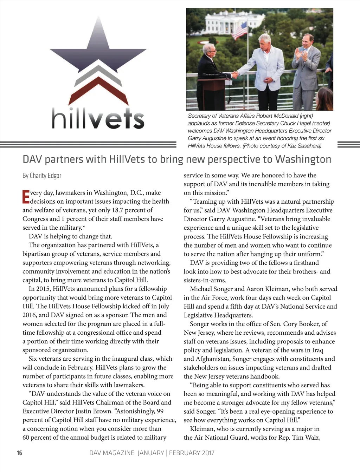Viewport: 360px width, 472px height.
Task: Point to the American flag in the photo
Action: pos(240,30)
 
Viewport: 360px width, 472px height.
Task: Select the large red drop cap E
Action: pos(26,197)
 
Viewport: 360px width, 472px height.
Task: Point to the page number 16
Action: pos(19,453)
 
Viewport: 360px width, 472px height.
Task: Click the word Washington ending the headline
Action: pos(303,159)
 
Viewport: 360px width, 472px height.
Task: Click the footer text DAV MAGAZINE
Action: pos(112,453)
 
